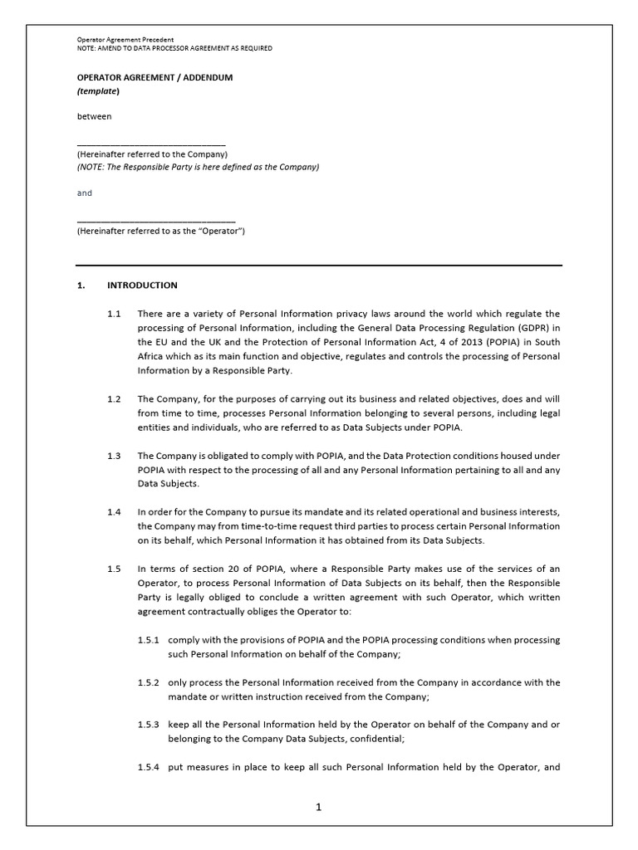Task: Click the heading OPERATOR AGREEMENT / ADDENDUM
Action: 155,77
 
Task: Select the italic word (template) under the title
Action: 98,90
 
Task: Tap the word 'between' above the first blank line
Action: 94,116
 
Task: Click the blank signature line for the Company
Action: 151,144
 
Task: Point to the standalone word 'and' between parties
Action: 85,193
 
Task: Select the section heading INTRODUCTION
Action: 142,285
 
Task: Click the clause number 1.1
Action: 114,314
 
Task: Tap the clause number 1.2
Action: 114,398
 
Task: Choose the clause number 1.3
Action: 114,456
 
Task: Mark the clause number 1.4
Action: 114,512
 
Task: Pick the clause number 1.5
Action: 114,569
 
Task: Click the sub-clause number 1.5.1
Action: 150,640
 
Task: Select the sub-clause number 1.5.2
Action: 150,682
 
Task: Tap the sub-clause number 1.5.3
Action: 150,725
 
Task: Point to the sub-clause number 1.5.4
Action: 150,767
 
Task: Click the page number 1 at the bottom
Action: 318,806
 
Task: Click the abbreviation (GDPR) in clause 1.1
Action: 529,328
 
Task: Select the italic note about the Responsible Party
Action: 198,167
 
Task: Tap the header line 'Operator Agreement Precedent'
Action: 125,40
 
